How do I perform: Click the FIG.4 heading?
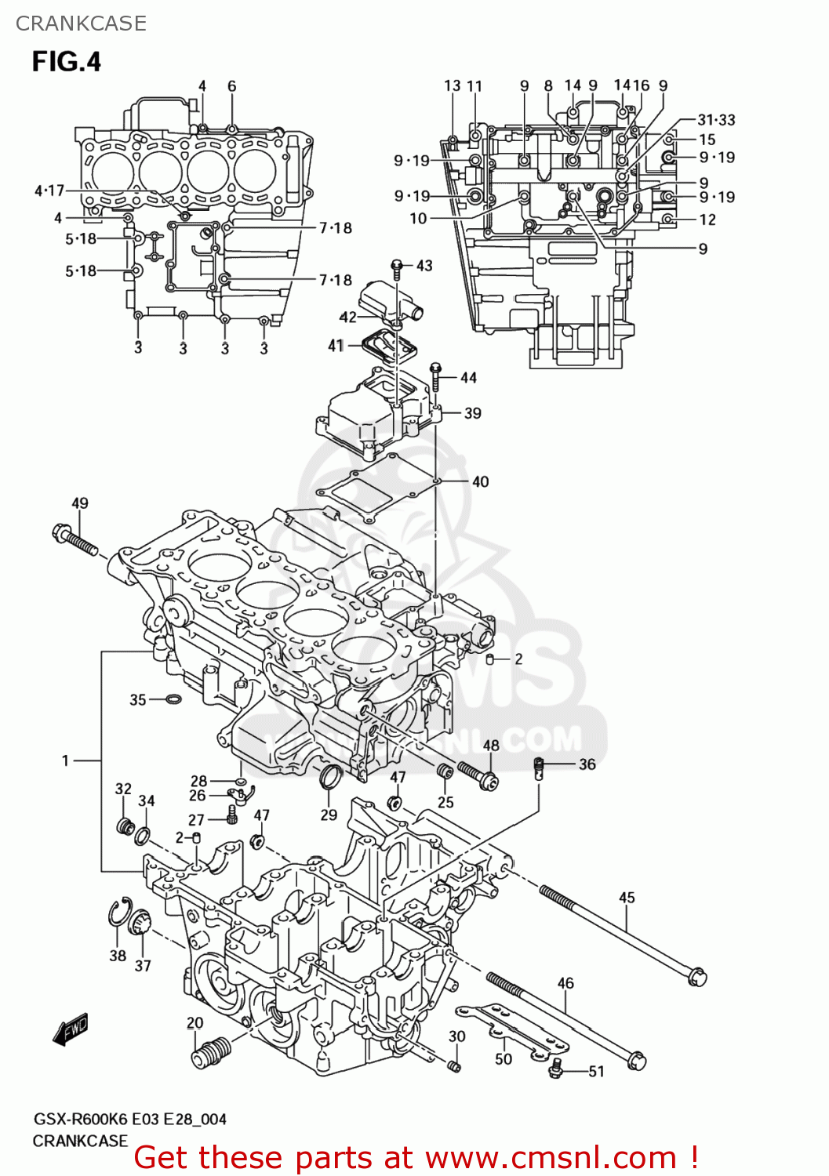point(67,61)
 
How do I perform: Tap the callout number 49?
point(80,503)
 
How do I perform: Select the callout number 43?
point(424,266)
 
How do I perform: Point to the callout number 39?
point(472,413)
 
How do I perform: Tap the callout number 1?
point(66,760)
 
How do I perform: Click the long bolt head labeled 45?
point(696,976)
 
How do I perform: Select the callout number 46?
point(565,982)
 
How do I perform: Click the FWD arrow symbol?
point(71,1029)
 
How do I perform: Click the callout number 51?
point(597,1071)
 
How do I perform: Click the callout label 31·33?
point(716,120)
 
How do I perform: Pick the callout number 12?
point(707,220)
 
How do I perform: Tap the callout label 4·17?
point(49,191)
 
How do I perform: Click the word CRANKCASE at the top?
point(81,24)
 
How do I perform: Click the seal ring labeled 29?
point(331,777)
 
